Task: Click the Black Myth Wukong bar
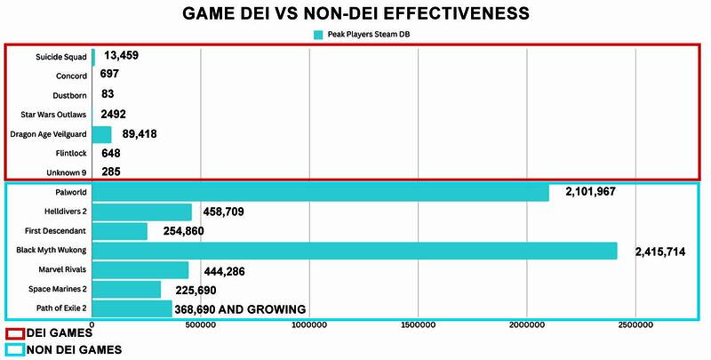[x=354, y=251]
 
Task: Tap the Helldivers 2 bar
[x=141, y=212]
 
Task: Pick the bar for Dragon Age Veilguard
[x=101, y=134]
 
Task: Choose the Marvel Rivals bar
[x=140, y=270]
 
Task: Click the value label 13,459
[x=120, y=56]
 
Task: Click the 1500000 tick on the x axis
[x=418, y=326]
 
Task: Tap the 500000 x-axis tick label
[x=200, y=326]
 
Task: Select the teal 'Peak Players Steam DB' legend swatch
[x=318, y=35]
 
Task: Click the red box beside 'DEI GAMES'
[x=15, y=333]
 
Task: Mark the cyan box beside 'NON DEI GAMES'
[x=15, y=350]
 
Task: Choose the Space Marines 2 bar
[x=126, y=290]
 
